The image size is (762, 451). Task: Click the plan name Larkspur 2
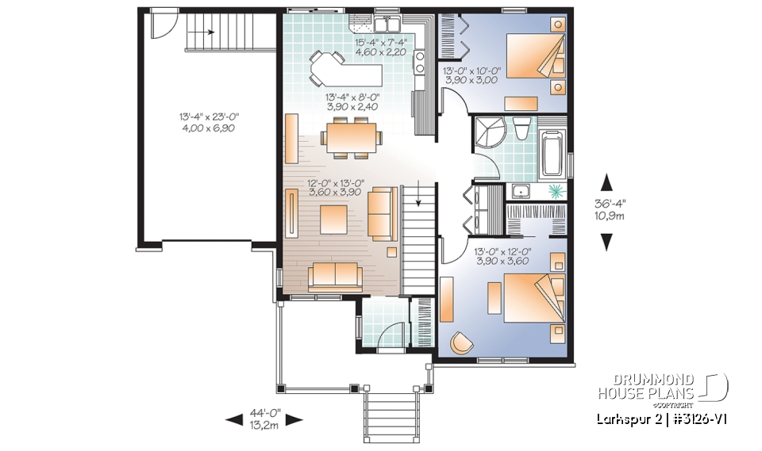click(622, 419)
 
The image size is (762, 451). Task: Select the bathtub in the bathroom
click(552, 151)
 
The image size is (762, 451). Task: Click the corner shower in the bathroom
click(487, 131)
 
